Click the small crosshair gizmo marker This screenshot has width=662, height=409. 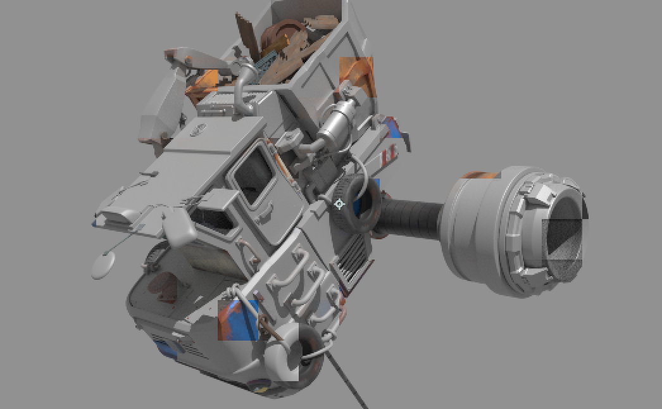[339, 204]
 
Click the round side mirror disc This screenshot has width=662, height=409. [104, 265]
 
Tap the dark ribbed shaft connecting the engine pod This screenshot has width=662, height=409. [409, 218]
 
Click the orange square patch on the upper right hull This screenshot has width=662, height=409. [357, 77]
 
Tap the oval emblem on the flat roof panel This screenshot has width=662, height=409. [198, 130]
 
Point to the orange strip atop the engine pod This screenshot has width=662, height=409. [481, 175]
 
